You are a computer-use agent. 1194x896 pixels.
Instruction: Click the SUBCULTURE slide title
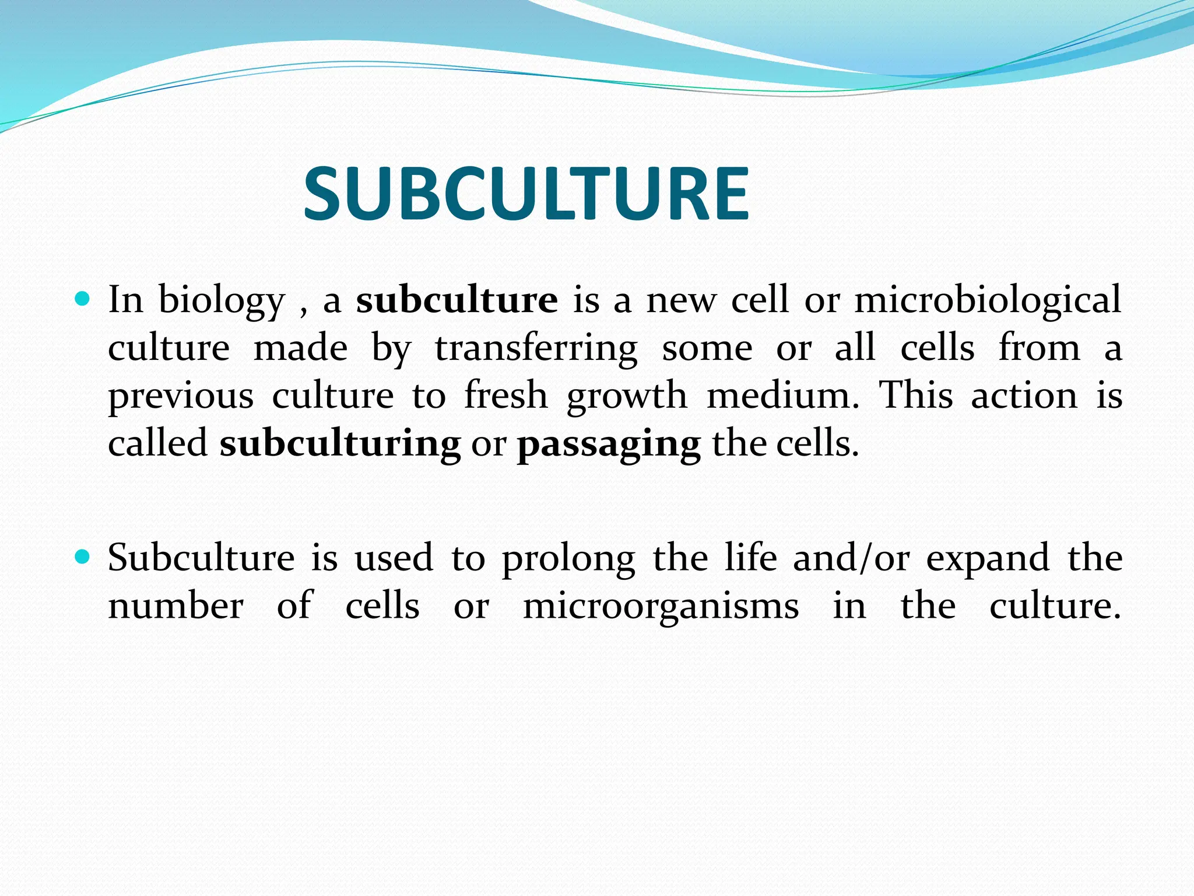[x=526, y=194]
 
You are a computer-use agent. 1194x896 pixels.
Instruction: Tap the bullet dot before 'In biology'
[x=83, y=300]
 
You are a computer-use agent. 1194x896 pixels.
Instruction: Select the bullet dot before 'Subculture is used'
[x=83, y=558]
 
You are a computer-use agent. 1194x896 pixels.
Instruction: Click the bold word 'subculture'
[x=457, y=300]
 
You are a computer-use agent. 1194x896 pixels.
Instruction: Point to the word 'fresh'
[x=506, y=395]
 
